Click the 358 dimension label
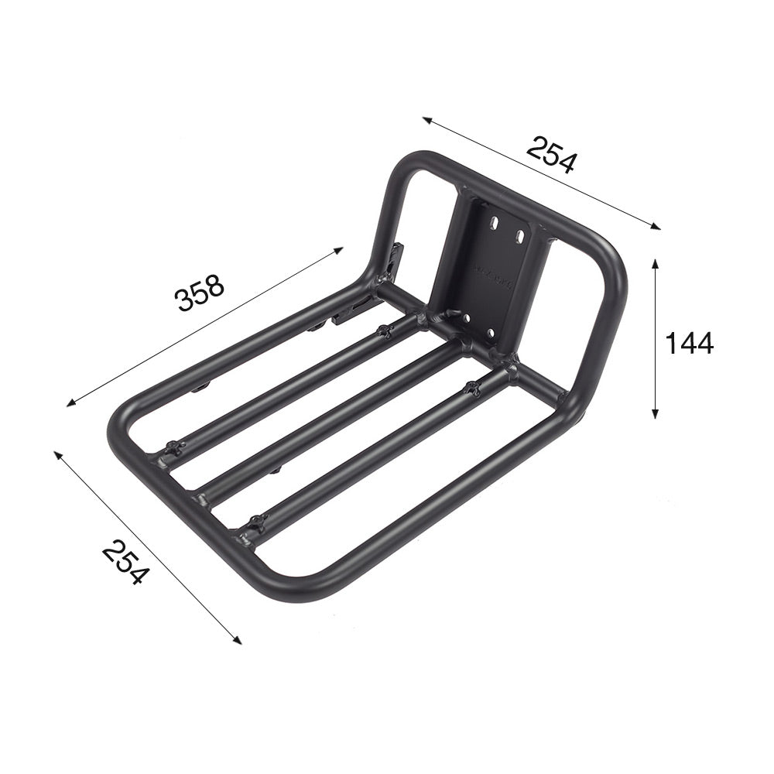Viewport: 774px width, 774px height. point(200,292)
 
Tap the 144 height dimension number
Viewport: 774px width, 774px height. point(689,342)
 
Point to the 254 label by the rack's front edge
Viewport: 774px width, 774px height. point(124,563)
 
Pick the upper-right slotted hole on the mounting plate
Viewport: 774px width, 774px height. point(520,234)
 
